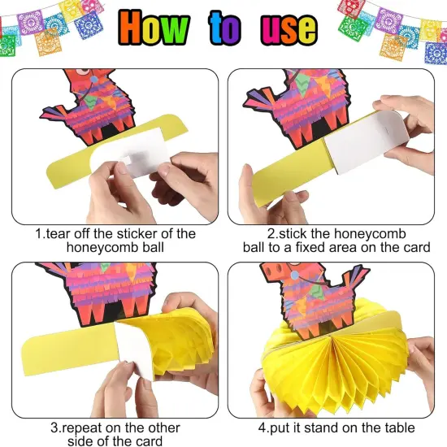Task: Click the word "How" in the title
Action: click(154, 28)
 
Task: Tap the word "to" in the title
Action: click(225, 28)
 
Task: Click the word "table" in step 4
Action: click(400, 427)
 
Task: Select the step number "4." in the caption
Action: click(263, 427)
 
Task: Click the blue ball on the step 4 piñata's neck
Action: click(294, 275)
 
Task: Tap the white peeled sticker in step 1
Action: click(131, 155)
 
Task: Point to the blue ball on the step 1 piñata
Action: click(94, 80)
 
